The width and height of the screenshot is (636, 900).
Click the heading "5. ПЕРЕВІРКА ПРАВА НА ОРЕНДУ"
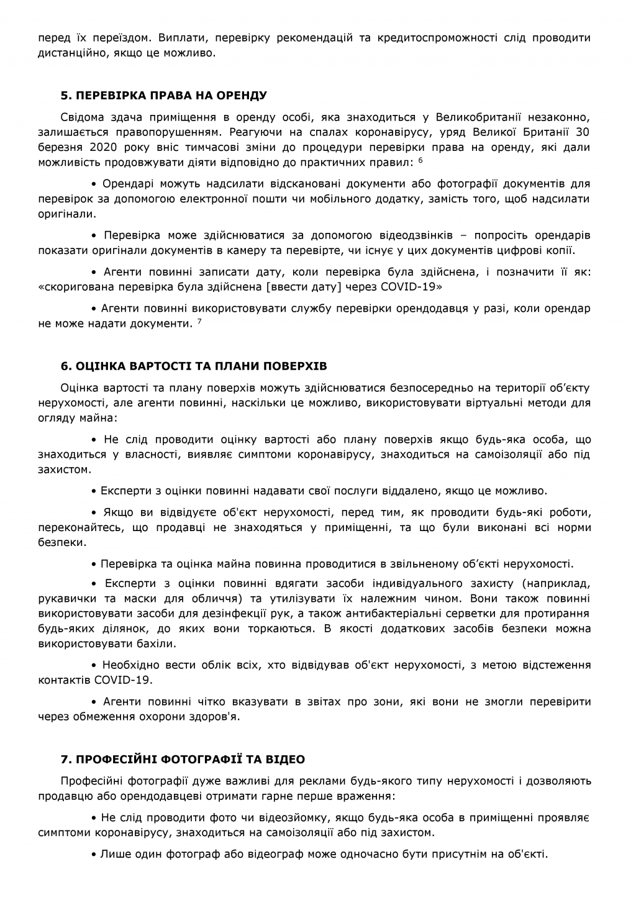pos(163,96)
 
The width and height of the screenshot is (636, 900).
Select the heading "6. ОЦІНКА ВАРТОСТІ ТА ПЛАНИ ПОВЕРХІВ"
pos(194,365)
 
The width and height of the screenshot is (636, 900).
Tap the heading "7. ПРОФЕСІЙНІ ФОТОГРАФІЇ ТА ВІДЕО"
pos(183,760)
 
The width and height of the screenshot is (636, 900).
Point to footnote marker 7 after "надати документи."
pos(199,322)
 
